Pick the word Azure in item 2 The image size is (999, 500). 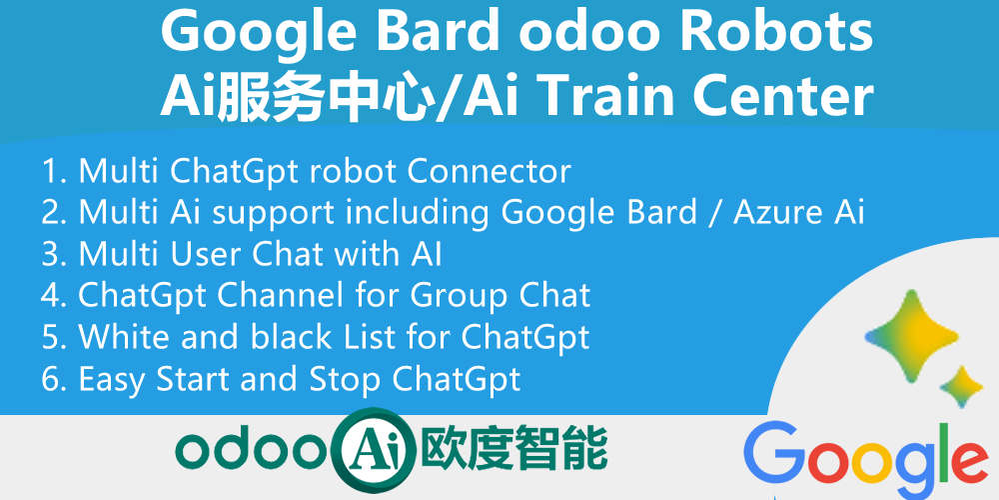[771, 212]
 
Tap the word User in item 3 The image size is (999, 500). [213, 254]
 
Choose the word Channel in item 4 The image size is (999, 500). [272, 296]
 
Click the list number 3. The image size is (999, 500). [51, 254]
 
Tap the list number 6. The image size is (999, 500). [51, 380]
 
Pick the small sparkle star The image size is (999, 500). [962, 387]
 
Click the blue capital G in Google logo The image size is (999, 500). [776, 454]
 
